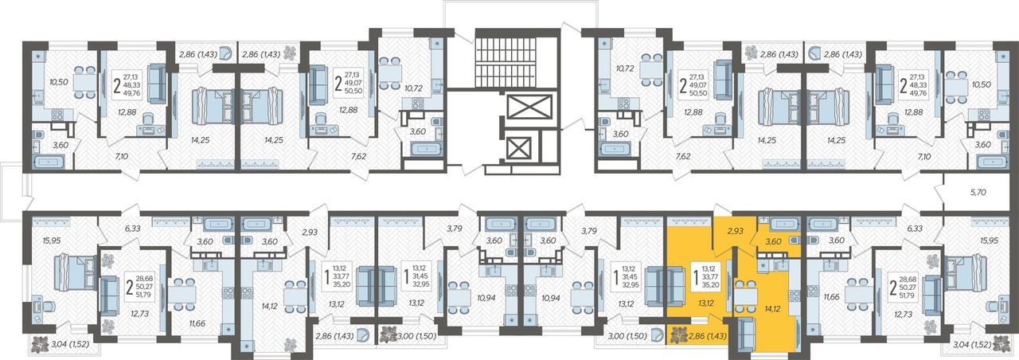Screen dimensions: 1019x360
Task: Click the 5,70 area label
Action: point(974,193)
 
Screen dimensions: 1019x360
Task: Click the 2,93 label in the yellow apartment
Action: point(735,231)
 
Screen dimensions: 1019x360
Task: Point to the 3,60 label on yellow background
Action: point(773,241)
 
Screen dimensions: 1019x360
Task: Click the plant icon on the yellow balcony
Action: point(677,336)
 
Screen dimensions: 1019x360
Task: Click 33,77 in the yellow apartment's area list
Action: point(709,276)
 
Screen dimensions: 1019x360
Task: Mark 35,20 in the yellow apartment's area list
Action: point(709,284)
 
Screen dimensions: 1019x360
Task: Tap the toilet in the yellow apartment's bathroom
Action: point(794,240)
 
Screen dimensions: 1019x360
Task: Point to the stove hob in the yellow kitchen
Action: point(795,295)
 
